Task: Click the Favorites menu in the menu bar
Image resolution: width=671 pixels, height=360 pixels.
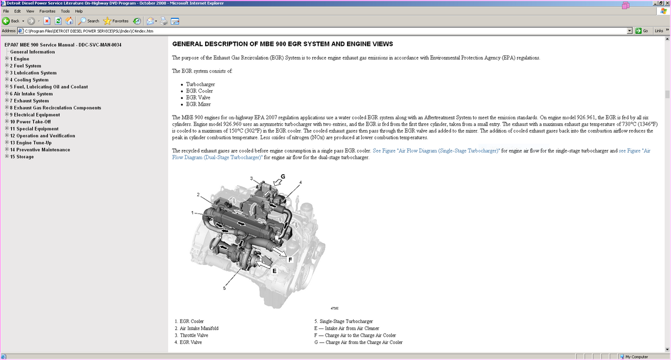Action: (47, 11)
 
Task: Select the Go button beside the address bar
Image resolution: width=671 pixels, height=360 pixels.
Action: (642, 31)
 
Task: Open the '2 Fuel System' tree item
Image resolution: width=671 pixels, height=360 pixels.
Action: (25, 66)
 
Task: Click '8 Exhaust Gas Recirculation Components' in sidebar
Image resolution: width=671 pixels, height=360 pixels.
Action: (55, 108)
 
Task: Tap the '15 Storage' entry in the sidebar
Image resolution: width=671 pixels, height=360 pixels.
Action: (22, 156)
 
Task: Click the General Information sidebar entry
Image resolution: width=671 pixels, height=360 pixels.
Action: (32, 52)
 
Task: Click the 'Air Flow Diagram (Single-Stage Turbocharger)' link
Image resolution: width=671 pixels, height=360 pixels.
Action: (436, 151)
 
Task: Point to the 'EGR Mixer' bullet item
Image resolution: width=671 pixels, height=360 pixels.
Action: (198, 104)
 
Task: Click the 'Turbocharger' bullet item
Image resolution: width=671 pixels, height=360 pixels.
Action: (200, 84)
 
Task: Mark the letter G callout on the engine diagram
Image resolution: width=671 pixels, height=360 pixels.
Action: (282, 176)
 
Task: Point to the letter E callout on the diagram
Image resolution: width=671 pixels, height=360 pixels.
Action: (274, 271)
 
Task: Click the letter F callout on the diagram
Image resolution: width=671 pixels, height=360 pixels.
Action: (290, 259)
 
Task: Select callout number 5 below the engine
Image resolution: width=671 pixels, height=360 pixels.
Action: (224, 288)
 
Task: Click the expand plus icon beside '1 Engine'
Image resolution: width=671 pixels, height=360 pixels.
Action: (7, 59)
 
